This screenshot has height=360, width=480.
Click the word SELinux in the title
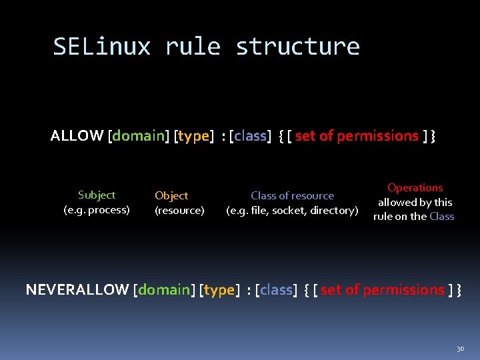(102, 47)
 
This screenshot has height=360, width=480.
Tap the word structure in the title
(297, 47)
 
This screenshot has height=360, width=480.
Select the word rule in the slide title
(193, 47)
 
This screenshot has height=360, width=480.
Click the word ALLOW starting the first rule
(77, 136)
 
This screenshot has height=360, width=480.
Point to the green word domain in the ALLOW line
(139, 136)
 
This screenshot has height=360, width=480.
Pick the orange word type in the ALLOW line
(194, 136)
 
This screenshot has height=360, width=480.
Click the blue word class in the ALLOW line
(250, 136)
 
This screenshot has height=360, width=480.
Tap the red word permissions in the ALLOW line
(377, 136)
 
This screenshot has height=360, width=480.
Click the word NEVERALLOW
(77, 289)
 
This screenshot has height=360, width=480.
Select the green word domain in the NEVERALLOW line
(165, 289)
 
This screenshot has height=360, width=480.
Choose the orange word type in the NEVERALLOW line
(219, 289)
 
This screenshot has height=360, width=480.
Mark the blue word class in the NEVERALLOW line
(276, 289)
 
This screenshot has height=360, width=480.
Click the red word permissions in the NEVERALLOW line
(403, 289)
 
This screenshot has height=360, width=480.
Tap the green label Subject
(97, 195)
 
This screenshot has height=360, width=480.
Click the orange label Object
(171, 196)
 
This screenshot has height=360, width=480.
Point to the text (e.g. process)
(97, 210)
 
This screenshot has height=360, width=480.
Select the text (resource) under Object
(179, 211)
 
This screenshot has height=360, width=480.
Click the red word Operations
(415, 188)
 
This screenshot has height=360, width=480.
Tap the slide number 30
(460, 349)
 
